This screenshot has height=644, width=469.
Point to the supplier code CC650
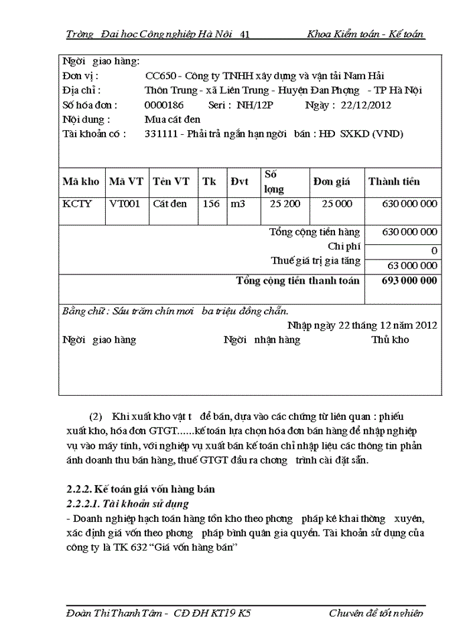pyautogui.click(x=159, y=76)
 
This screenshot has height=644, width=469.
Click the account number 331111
pyautogui.click(x=161, y=134)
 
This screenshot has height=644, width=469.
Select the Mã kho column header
pyautogui.click(x=81, y=181)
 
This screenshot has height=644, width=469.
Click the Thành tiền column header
pyautogui.click(x=394, y=181)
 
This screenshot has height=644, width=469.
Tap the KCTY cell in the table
pyautogui.click(x=78, y=203)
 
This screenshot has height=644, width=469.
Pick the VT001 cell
pyautogui.click(x=125, y=203)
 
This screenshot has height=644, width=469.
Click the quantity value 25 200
pyautogui.click(x=285, y=203)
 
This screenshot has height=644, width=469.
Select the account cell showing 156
pyautogui.click(x=211, y=203)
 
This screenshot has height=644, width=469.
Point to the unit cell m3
pyautogui.click(x=238, y=203)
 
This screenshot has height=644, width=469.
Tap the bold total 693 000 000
pyautogui.click(x=409, y=280)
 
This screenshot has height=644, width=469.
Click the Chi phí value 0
pyautogui.click(x=434, y=250)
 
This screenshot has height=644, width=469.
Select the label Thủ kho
pyautogui.click(x=390, y=340)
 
